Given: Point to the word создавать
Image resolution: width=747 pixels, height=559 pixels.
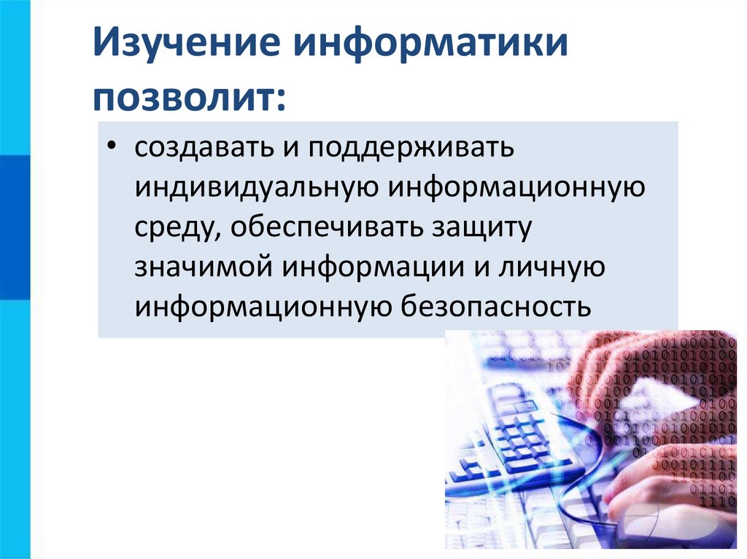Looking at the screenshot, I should pyautogui.click(x=199, y=149).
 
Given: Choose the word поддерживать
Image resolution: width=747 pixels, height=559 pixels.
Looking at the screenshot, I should pyautogui.click(x=411, y=149).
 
